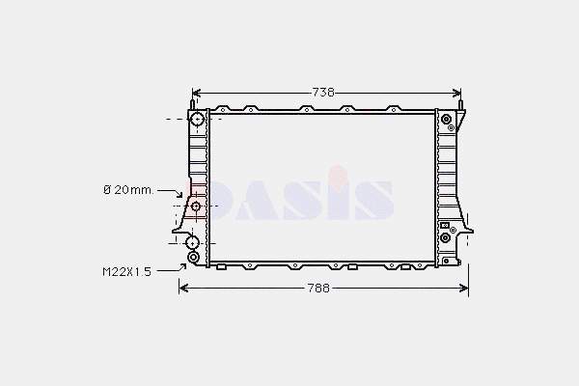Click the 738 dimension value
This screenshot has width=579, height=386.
point(323,92)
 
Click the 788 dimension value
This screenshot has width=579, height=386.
point(318,289)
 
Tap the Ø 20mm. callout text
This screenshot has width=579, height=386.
point(128,190)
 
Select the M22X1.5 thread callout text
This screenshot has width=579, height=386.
point(127,272)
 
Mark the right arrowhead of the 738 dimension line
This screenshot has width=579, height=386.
point(456,93)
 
